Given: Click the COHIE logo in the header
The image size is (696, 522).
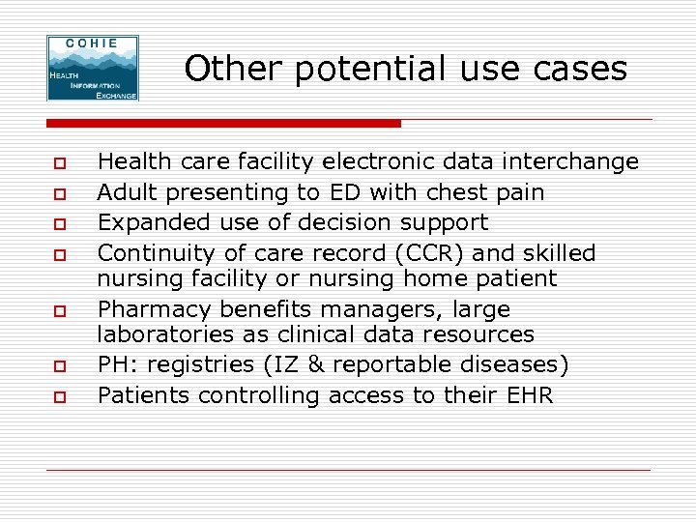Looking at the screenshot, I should tap(93, 68).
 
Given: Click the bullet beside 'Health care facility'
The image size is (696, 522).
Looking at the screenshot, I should tap(59, 162).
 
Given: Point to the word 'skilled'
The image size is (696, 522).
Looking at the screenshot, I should tap(561, 253).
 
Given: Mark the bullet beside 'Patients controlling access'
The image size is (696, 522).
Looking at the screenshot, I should tap(59, 396).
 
